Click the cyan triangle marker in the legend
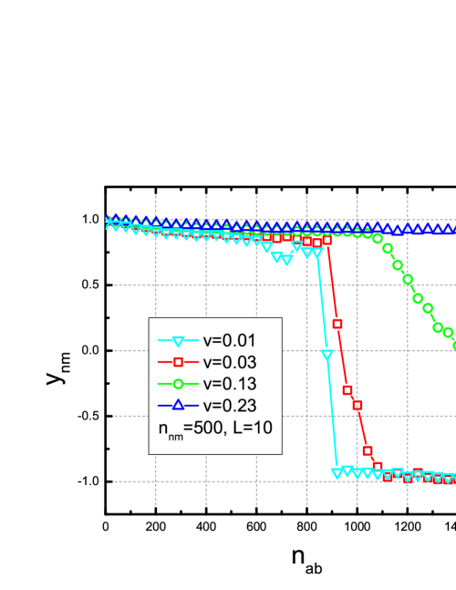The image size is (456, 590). (x=179, y=342)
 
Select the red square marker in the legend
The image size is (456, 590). (x=179, y=363)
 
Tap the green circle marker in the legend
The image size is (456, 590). (x=179, y=384)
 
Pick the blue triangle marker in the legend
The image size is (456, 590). (x=179, y=405)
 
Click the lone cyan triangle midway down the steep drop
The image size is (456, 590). (x=327, y=356)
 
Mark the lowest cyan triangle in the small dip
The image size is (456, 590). (x=287, y=260)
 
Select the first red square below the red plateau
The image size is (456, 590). (x=337, y=324)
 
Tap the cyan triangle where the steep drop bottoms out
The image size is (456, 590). (x=337, y=472)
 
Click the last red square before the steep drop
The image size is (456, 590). (x=326, y=241)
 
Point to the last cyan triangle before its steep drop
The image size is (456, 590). (x=316, y=254)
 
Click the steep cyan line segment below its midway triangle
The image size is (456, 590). (x=333, y=415)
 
